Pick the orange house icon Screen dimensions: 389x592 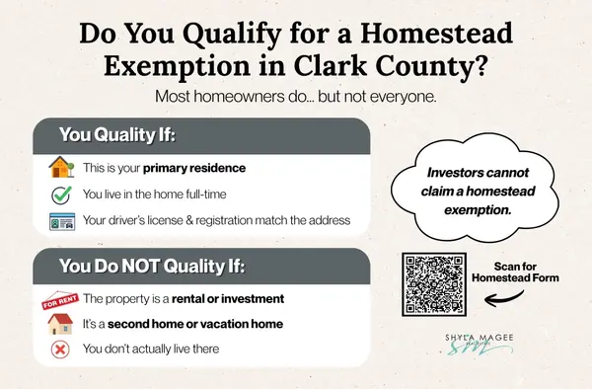[x=60, y=167]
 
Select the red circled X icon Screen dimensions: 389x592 [x=59, y=349]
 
